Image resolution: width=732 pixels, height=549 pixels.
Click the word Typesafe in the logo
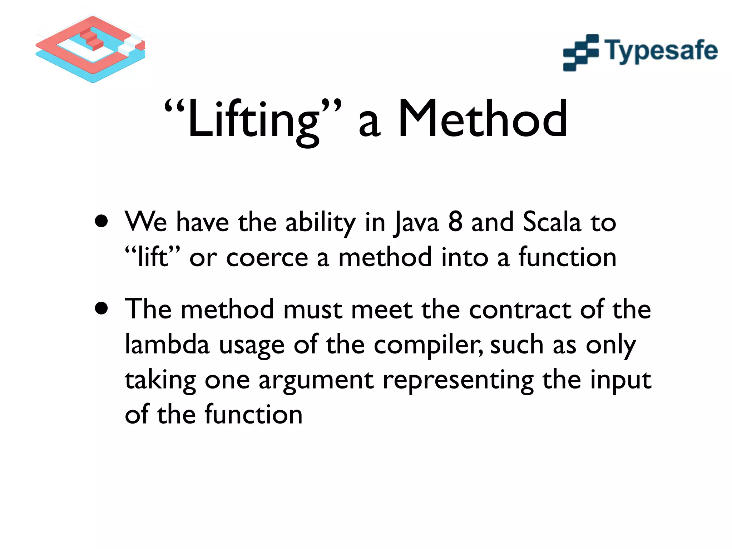tap(661, 51)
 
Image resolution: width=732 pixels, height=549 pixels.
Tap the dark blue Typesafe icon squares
tap(580, 53)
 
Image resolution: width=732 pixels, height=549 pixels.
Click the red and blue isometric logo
tap(90, 49)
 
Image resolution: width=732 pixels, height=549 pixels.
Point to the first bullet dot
tap(102, 221)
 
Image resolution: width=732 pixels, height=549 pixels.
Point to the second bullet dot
tap(102, 308)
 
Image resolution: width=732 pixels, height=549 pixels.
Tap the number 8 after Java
tap(455, 222)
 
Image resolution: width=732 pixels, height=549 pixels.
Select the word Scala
tap(552, 222)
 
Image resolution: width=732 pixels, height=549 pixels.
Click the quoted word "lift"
tap(153, 257)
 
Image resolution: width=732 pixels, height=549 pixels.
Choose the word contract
tap(520, 309)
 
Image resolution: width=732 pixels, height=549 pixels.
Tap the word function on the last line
tap(253, 414)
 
